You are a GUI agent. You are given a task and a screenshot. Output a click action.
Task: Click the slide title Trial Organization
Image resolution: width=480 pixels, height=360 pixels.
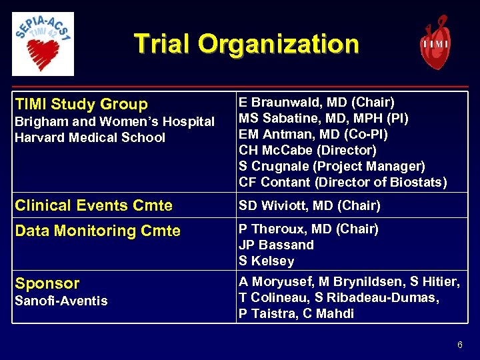(x=246, y=44)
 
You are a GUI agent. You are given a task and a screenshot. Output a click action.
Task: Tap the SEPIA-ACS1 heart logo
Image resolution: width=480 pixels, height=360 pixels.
(x=43, y=43)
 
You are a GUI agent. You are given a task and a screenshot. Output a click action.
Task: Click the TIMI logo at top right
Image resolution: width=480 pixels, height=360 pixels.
(x=435, y=43)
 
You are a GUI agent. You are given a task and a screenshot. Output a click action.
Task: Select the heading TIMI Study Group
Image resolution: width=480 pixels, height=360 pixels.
(x=81, y=104)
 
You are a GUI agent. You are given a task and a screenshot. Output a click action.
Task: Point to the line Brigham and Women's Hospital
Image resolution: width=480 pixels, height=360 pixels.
(x=115, y=121)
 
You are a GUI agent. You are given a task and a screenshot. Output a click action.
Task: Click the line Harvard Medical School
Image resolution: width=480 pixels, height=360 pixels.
(x=90, y=137)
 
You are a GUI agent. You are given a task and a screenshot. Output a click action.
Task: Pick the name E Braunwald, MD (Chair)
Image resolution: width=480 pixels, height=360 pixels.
(x=317, y=102)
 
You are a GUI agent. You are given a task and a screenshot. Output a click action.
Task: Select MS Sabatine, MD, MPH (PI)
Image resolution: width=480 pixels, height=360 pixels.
(x=323, y=118)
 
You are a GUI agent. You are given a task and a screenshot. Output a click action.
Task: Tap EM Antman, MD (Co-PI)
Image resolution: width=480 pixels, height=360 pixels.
(x=313, y=134)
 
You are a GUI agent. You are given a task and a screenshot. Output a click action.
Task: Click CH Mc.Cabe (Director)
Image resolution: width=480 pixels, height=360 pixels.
(x=307, y=150)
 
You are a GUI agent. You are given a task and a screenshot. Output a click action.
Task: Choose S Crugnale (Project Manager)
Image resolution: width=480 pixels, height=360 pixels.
(x=331, y=166)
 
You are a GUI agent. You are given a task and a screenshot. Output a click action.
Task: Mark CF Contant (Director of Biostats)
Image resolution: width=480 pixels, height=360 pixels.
(x=343, y=182)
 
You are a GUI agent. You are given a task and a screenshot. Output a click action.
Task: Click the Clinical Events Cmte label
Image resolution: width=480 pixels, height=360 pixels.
(x=93, y=205)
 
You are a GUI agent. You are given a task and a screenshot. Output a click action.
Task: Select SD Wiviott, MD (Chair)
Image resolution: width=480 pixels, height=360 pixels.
(x=309, y=205)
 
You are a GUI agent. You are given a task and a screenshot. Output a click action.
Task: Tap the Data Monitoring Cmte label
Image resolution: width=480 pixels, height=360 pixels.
(x=97, y=231)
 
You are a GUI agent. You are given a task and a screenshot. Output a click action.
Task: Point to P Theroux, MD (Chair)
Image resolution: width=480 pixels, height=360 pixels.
(x=309, y=229)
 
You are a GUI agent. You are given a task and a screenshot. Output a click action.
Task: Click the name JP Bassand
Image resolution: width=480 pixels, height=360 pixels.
(x=276, y=245)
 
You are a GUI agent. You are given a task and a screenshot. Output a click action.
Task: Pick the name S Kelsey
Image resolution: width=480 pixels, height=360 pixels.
(x=266, y=261)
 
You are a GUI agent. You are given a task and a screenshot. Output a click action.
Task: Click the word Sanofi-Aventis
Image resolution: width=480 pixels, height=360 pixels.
(x=61, y=301)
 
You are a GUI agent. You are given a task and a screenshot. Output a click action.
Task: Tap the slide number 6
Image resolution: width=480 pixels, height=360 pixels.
(x=459, y=345)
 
